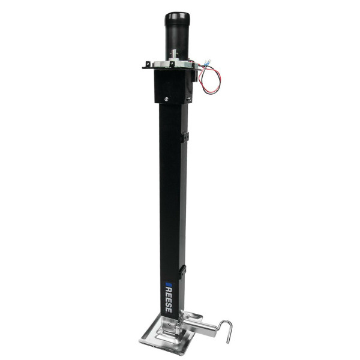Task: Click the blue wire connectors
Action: coord(208,63)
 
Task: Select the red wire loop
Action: coord(211,81)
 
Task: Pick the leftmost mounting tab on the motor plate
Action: coord(146,65)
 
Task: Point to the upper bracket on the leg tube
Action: coord(185,137)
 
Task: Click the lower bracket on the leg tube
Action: coord(184,271)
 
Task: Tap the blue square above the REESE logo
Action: coord(169,281)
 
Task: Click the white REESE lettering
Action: coord(169,300)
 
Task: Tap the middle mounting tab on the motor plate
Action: coord(172,64)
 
